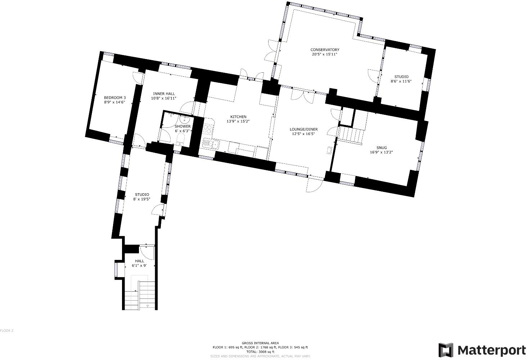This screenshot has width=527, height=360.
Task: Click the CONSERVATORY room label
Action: (x=325, y=50)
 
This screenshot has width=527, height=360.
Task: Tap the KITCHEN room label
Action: (x=238, y=117)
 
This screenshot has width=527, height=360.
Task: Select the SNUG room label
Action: (x=381, y=148)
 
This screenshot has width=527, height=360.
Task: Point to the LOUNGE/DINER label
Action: (x=303, y=129)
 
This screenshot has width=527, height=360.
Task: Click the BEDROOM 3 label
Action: (x=114, y=98)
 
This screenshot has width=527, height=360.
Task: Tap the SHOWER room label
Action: (x=183, y=126)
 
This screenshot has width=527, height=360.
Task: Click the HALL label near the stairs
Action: (x=139, y=261)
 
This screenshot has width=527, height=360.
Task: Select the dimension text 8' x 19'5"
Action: (x=141, y=199)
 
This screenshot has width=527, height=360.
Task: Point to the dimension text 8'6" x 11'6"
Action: (x=401, y=81)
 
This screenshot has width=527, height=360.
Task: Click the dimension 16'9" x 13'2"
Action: (x=381, y=152)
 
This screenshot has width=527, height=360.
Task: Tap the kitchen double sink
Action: (x=211, y=144)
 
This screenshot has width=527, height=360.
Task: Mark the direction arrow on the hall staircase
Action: (x=148, y=306)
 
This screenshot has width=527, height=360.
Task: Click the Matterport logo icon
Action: (x=446, y=350)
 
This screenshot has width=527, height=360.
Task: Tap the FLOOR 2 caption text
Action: (x=7, y=330)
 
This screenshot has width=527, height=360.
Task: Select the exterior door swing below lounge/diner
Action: (x=314, y=185)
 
